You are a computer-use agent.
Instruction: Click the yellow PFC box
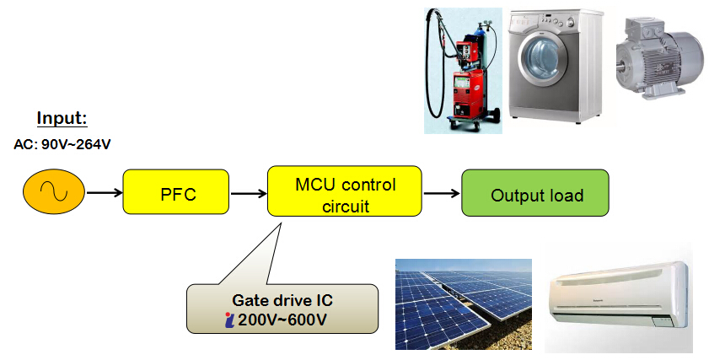pyautogui.click(x=176, y=191)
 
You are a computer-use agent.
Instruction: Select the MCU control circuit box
pyautogui.click(x=345, y=191)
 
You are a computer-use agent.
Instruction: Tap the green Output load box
pyautogui.click(x=535, y=193)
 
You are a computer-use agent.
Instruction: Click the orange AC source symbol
pyautogui.click(x=54, y=191)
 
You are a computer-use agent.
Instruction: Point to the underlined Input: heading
pyautogui.click(x=62, y=118)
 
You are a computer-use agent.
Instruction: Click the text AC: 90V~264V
pyautogui.click(x=62, y=145)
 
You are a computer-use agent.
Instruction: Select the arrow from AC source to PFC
pyautogui.click(x=105, y=193)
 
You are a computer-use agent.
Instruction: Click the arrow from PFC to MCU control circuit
pyautogui.click(x=249, y=194)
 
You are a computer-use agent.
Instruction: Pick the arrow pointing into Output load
pyautogui.click(x=442, y=194)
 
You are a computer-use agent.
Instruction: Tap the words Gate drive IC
pyautogui.click(x=282, y=300)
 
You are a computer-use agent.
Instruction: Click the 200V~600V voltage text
pyautogui.click(x=282, y=320)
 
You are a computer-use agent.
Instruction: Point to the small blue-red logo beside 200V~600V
pyautogui.click(x=229, y=320)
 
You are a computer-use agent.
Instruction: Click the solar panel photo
pyautogui.click(x=464, y=304)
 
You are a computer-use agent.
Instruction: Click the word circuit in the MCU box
pyautogui.click(x=346, y=207)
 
